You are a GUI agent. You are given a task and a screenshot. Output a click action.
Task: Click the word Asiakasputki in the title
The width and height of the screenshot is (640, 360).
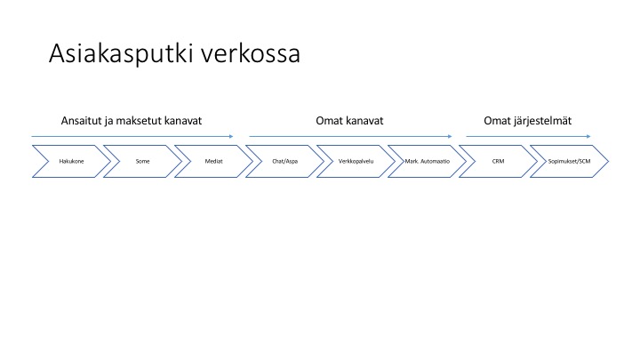pos(120,53)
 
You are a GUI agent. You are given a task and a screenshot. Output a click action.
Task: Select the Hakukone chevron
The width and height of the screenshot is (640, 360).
pos(71,161)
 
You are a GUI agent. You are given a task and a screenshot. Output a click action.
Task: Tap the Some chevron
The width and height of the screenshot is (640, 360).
pos(142,161)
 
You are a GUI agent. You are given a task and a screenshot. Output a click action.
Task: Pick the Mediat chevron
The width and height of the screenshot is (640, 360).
pos(213,161)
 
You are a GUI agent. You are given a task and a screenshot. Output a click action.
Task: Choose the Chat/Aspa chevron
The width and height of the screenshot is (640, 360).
pos(285,161)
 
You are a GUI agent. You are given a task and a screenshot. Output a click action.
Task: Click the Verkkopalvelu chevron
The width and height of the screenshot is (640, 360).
pos(356,161)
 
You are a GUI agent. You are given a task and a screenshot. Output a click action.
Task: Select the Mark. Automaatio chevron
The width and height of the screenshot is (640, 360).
pos(427,161)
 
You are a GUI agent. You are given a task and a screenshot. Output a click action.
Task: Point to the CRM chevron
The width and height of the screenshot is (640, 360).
pos(498,161)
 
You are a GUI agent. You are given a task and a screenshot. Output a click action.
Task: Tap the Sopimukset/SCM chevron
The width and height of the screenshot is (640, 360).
pos(569,161)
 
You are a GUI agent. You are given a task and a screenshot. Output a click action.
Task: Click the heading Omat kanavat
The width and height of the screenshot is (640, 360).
pos(349,121)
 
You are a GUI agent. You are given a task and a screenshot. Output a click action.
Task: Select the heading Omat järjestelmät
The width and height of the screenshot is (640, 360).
pos(528,121)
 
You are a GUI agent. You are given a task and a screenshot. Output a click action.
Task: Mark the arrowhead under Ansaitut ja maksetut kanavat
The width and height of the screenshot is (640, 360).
pos(231,136)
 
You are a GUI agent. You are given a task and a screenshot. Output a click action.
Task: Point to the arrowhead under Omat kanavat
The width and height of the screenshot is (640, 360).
pos(450,136)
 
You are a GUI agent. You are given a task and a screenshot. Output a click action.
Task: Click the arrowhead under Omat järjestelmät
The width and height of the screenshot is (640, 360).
pos(588,136)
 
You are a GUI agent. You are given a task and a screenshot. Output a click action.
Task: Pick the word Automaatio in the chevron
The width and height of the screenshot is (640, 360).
pos(435,161)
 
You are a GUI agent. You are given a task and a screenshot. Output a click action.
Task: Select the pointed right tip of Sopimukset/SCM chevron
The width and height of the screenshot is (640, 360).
pos(609,161)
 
